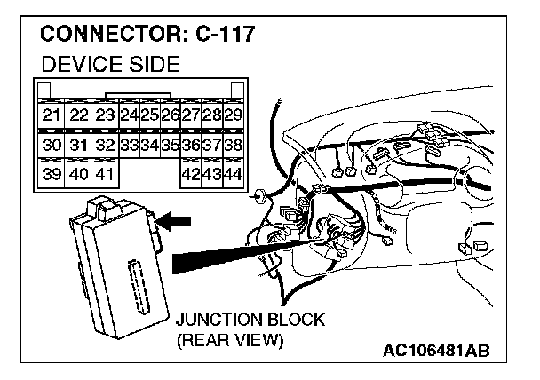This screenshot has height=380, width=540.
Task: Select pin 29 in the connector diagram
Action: click(x=234, y=115)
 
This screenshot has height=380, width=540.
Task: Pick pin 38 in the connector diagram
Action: click(x=234, y=145)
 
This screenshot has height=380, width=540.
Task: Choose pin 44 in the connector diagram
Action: click(x=234, y=174)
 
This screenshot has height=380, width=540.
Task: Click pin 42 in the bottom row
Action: click(x=190, y=174)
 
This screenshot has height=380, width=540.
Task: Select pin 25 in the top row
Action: click(x=148, y=115)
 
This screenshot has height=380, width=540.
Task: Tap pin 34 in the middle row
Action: click(x=148, y=145)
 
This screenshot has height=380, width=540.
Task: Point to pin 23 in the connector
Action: click(x=106, y=115)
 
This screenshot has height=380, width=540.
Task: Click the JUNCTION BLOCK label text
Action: click(x=250, y=320)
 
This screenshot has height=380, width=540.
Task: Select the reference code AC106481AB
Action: click(x=435, y=352)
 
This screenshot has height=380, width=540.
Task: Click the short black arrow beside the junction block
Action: click(x=179, y=222)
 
